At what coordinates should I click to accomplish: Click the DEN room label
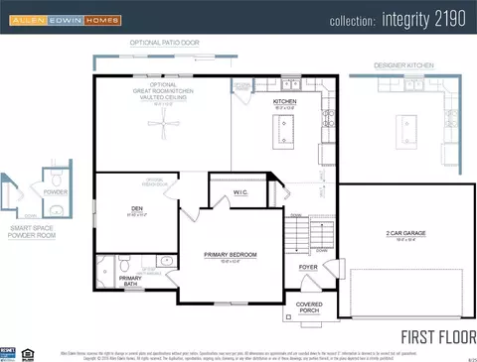click(x=137, y=208)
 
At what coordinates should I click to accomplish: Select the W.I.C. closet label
click(x=240, y=192)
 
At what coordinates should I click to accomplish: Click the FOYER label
click(x=307, y=266)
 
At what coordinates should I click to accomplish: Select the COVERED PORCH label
click(x=309, y=307)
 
